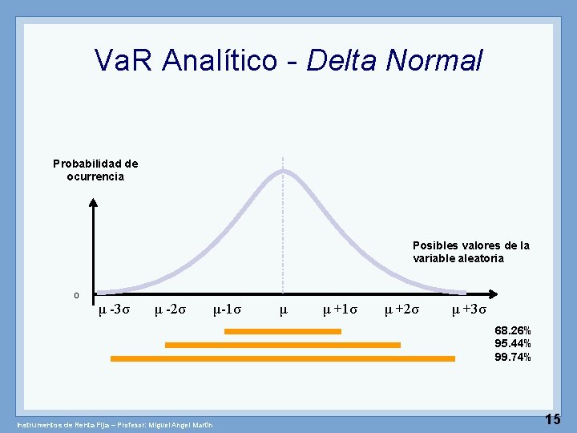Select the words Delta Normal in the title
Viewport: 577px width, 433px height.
point(395,60)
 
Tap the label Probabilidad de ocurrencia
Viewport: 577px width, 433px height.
point(95,170)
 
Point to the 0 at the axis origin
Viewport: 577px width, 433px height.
point(76,296)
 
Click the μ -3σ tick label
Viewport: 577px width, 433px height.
point(111,310)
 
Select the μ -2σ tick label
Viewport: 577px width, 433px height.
point(171,310)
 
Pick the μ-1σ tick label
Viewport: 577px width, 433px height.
point(228,310)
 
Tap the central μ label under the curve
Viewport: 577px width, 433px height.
point(283,310)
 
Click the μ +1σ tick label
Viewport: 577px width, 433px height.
point(340,310)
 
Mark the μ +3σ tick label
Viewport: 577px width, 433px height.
point(469,310)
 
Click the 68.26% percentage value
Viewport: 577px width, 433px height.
point(513,330)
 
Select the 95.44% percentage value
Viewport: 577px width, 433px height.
point(513,343)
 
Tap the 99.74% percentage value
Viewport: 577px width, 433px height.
point(513,357)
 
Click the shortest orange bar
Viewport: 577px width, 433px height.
point(283,330)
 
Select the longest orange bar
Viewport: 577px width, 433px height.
point(283,358)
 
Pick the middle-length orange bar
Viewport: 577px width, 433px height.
point(283,345)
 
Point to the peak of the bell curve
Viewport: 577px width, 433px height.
point(283,171)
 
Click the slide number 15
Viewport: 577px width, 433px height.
point(552,418)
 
